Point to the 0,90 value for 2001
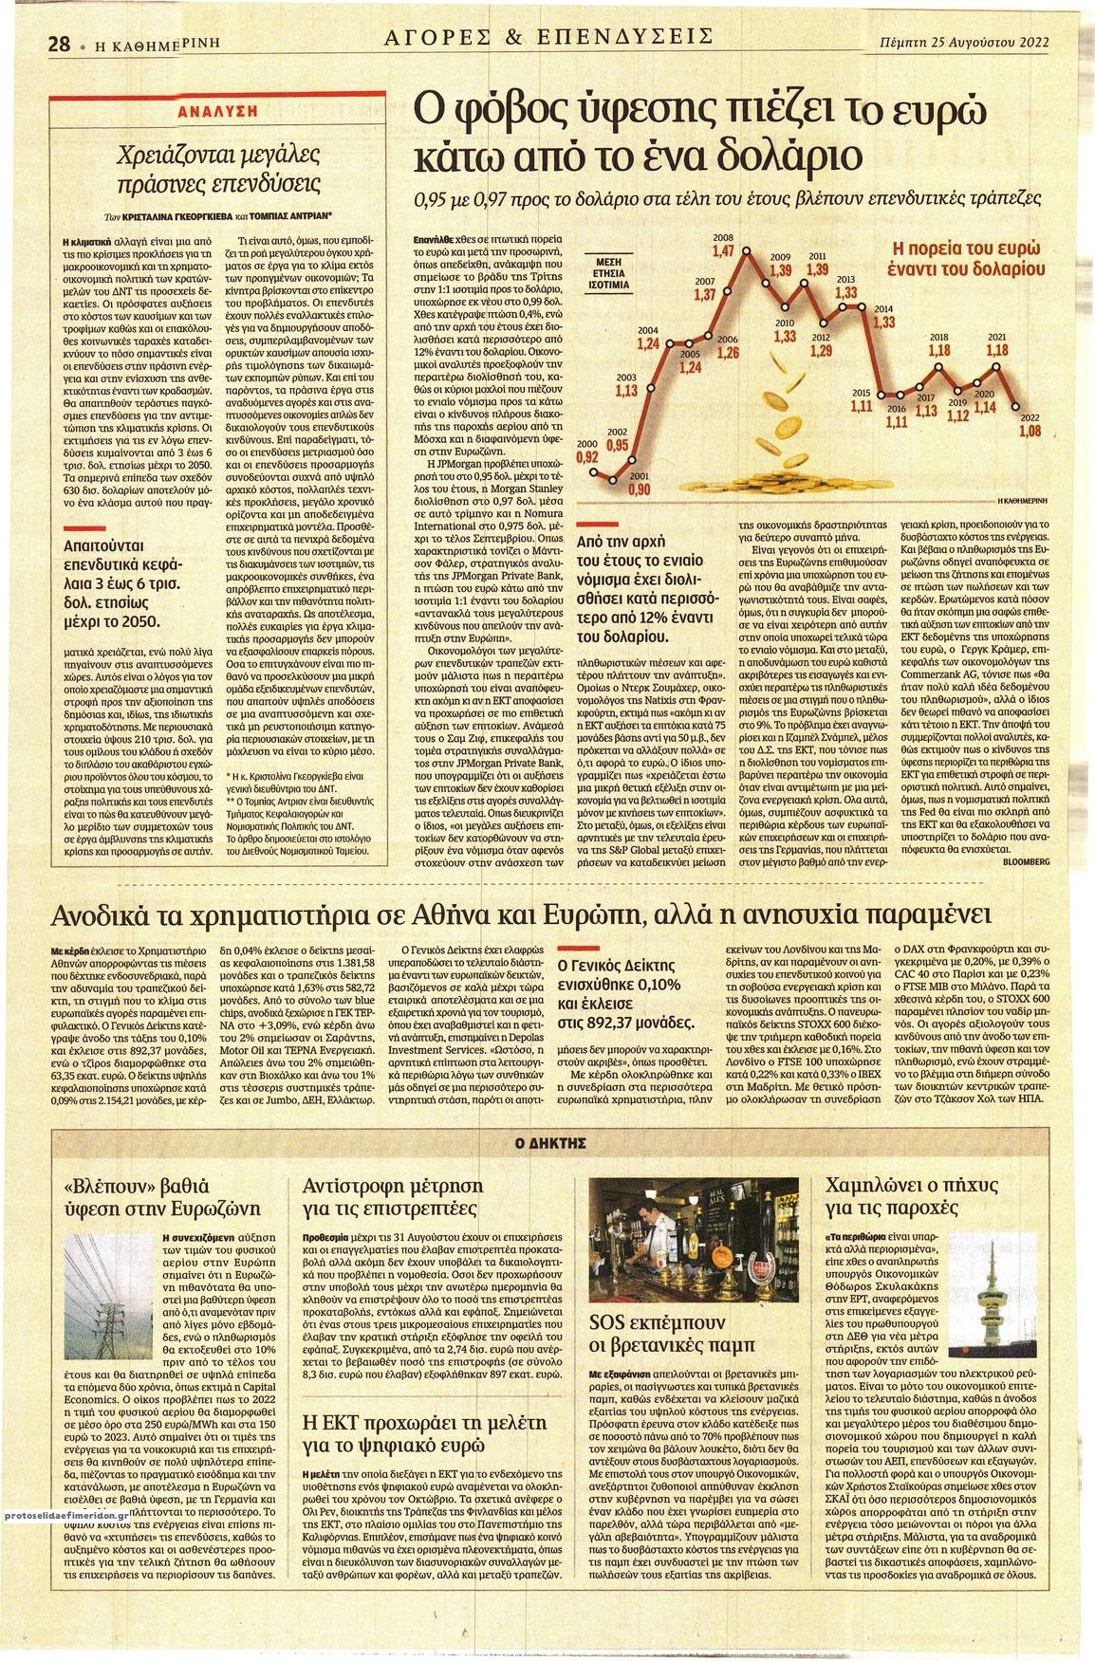tap(640, 489)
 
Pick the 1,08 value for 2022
tap(1030, 430)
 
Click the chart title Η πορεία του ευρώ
tap(968, 249)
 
